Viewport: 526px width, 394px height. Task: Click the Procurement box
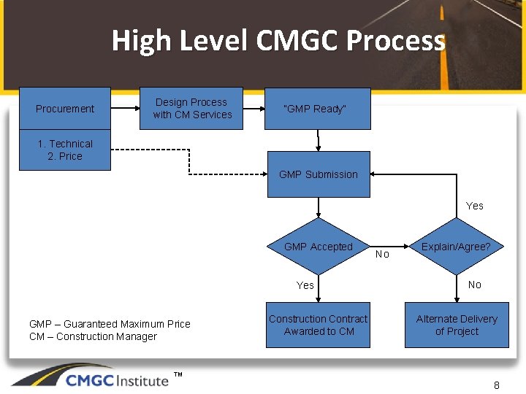[65, 109]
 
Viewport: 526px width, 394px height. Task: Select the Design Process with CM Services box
[192, 109]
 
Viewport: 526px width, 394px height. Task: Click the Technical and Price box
[65, 150]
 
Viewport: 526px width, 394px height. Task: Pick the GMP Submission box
[319, 174]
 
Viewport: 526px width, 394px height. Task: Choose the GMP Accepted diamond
[319, 247]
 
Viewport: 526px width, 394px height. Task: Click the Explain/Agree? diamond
[456, 247]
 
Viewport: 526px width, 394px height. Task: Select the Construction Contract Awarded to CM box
[319, 325]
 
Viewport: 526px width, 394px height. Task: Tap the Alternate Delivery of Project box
[457, 325]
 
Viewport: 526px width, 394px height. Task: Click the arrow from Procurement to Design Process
[125, 109]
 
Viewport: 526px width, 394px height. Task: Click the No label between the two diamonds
[382, 255]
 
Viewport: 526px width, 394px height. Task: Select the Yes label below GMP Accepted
[305, 285]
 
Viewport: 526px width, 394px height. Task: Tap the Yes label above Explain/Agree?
[475, 206]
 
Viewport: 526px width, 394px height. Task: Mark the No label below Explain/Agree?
[475, 285]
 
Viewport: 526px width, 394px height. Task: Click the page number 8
[497, 385]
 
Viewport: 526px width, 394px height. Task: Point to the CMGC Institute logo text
[117, 380]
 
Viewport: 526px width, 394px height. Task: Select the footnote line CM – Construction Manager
[93, 336]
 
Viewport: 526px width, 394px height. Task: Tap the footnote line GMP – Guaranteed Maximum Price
[110, 324]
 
